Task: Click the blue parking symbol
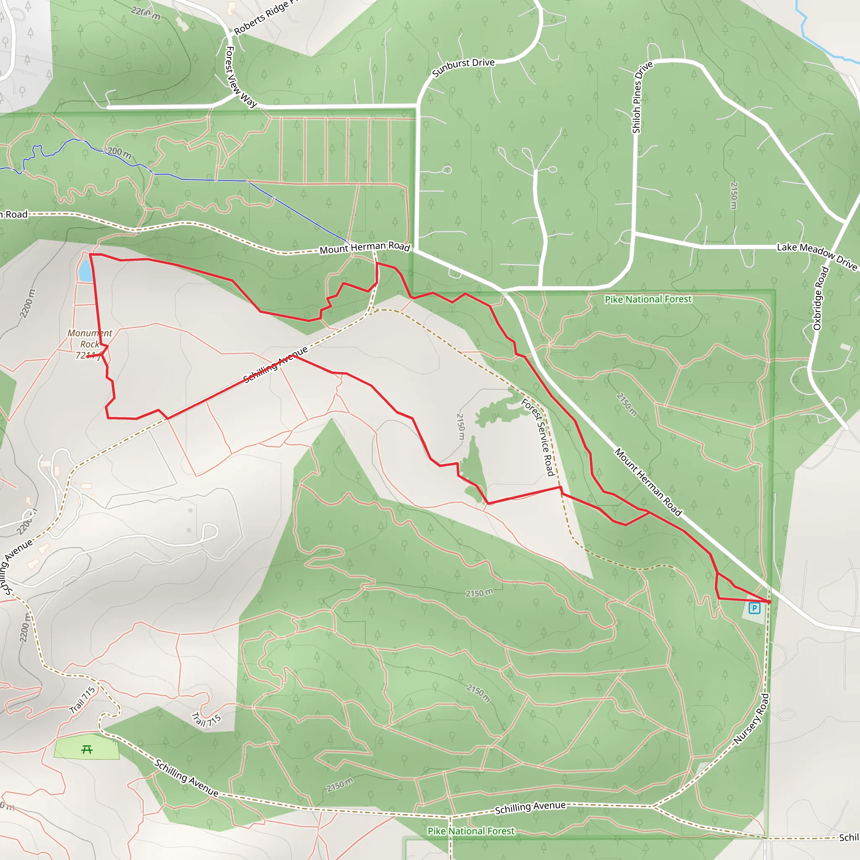click(754, 608)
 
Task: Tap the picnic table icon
click(87, 750)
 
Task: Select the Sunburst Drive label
click(464, 68)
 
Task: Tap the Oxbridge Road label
click(821, 298)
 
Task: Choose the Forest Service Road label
click(538, 437)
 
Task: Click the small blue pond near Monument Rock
click(84, 271)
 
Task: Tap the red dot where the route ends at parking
click(769, 602)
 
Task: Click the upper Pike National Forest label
click(648, 299)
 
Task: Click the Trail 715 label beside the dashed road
click(82, 700)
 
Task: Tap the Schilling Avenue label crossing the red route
click(275, 364)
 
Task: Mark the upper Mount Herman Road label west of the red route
click(364, 247)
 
